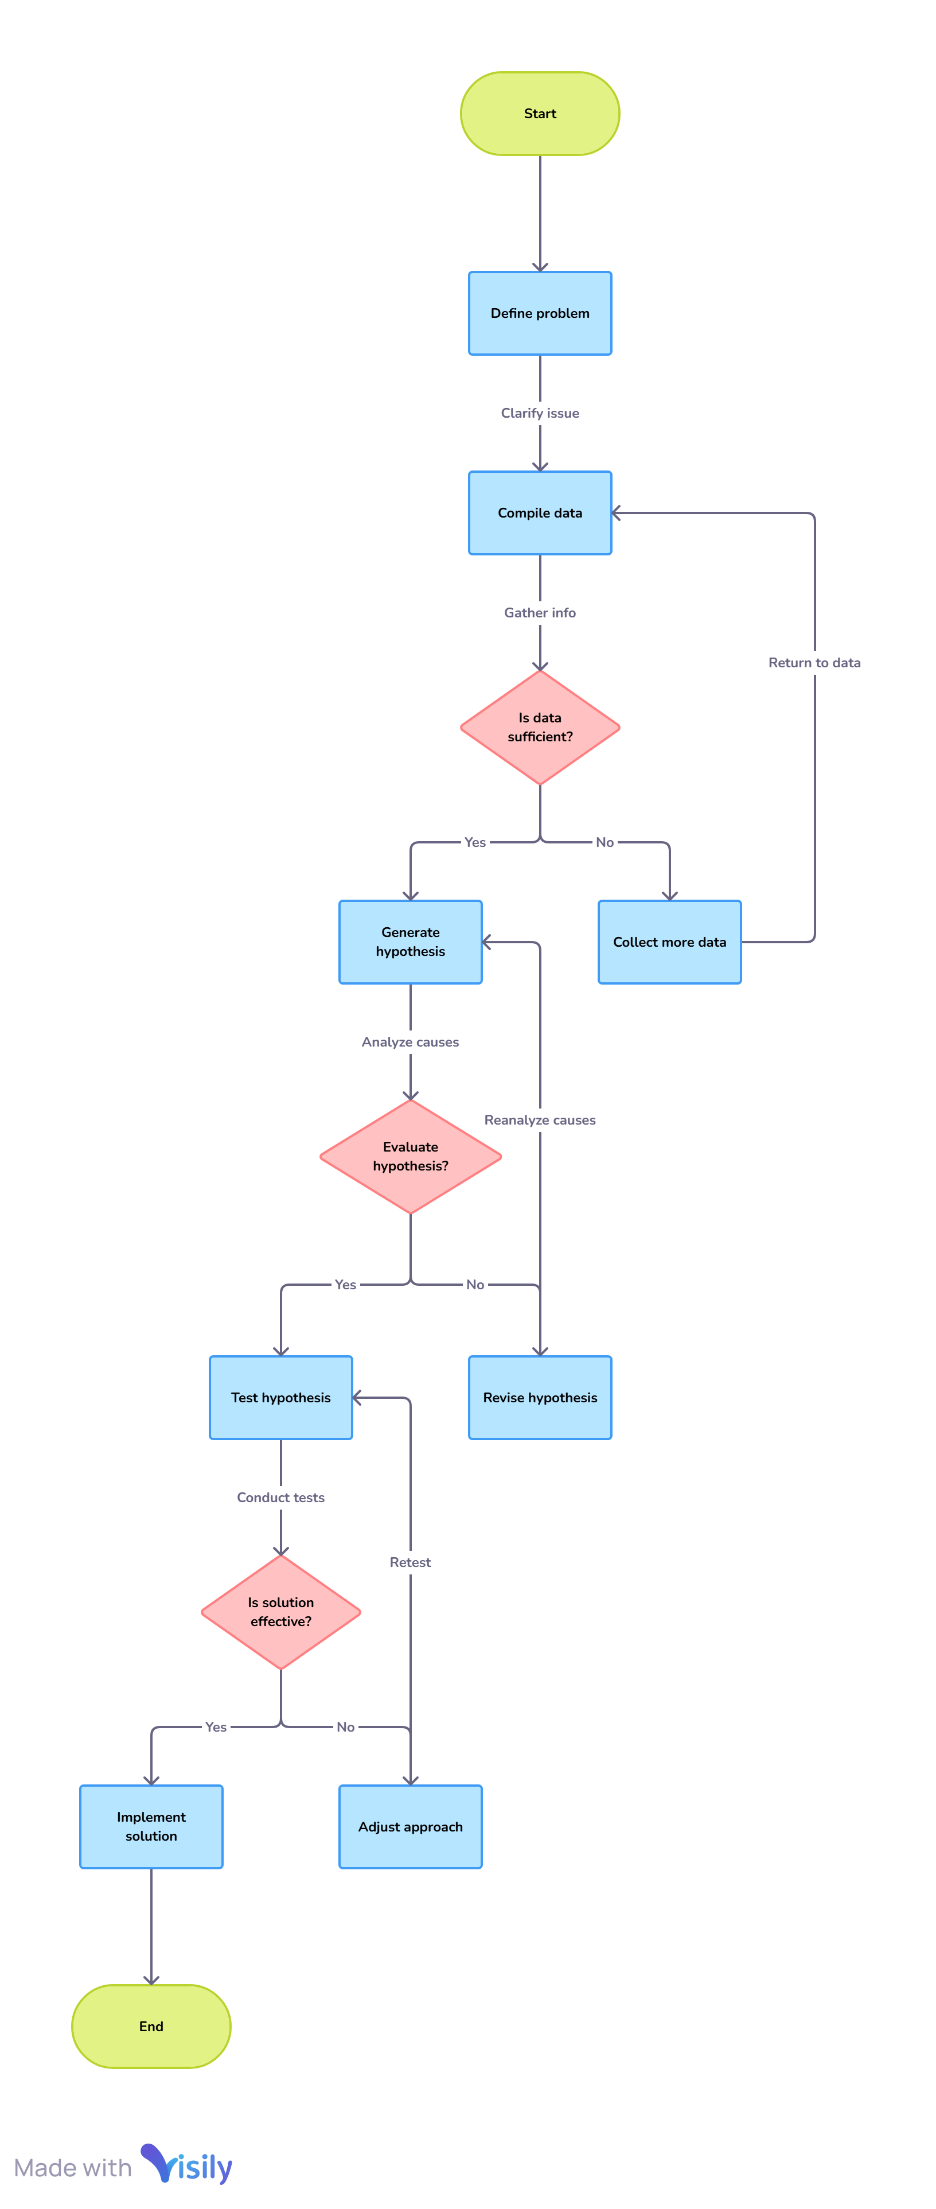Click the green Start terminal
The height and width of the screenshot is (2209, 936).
click(x=540, y=113)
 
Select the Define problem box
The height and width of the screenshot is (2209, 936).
click(x=540, y=313)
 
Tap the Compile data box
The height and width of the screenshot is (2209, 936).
click(x=540, y=513)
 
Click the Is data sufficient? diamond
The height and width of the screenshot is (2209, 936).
click(x=540, y=727)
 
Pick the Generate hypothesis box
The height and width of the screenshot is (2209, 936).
click(x=411, y=942)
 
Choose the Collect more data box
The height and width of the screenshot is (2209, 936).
click(x=669, y=942)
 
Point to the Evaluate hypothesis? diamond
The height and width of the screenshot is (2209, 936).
click(x=411, y=1156)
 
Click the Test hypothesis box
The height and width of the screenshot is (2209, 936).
click(x=281, y=1397)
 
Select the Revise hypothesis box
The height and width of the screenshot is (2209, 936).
click(x=540, y=1397)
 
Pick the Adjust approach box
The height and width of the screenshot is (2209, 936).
click(x=411, y=1826)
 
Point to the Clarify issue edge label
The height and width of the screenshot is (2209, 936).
click(x=540, y=413)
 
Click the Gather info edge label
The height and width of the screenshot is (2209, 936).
click(x=540, y=612)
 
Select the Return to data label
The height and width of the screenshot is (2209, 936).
click(x=814, y=663)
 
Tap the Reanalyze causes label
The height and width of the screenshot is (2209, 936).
click(x=540, y=1120)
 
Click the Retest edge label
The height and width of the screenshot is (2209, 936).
click(x=411, y=1562)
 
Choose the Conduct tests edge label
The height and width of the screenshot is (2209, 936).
click(x=281, y=1498)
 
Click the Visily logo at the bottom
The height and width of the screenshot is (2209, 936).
click(x=187, y=2166)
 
